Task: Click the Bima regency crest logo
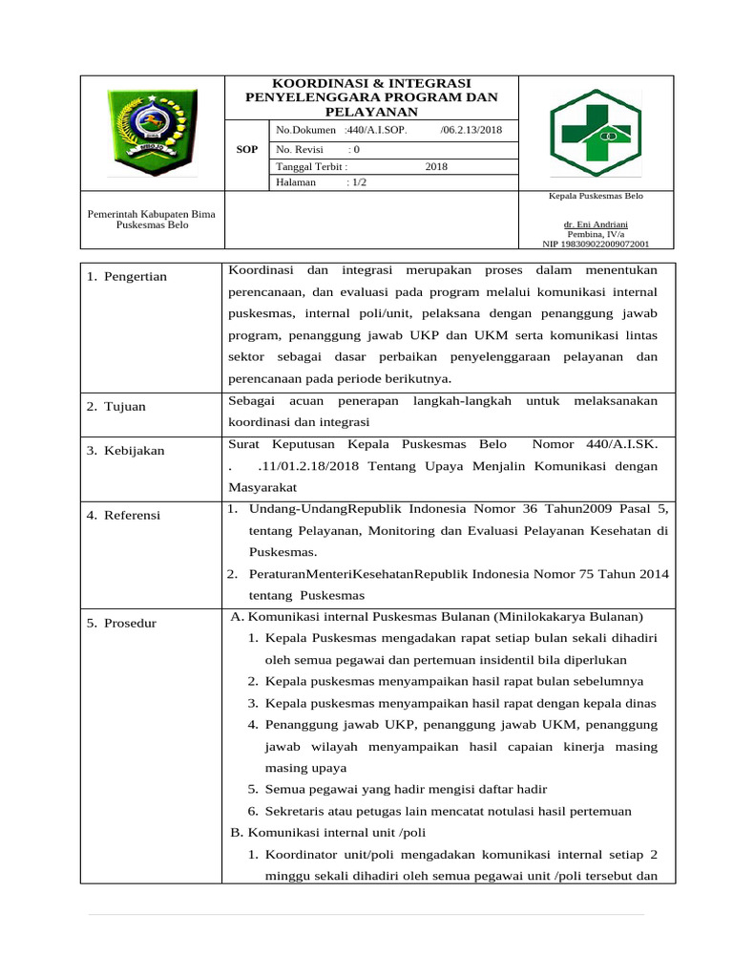click(151, 132)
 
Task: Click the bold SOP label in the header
click(247, 150)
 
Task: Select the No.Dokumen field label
click(305, 130)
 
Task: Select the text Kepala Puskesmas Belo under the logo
click(593, 195)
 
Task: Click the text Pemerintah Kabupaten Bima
click(151, 214)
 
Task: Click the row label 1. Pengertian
click(127, 277)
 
